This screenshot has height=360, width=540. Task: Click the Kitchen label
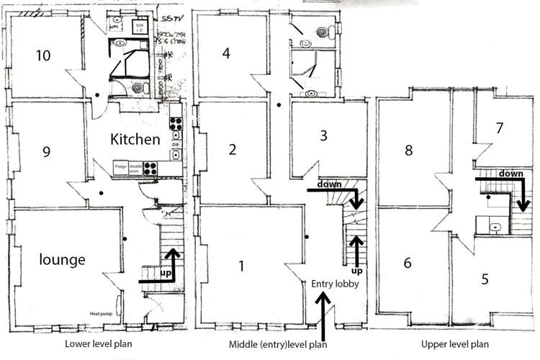pos(134,138)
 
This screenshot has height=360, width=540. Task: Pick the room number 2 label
pos(232,149)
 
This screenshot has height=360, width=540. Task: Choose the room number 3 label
pos(323,135)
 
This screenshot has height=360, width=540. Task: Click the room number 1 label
pos(241,266)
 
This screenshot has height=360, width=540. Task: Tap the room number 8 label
pos(408,150)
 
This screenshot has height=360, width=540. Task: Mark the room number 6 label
pos(408,264)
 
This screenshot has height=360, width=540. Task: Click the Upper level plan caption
pos(459,344)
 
